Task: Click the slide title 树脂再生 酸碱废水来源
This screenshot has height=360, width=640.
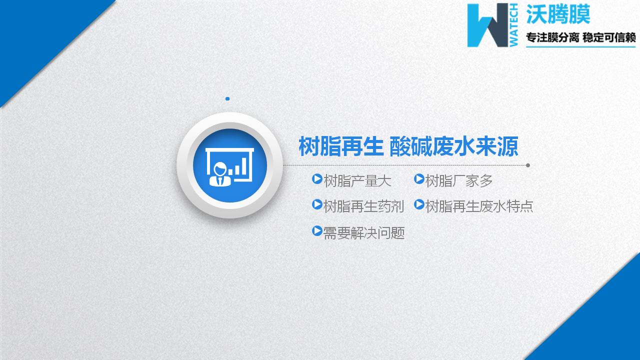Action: point(408,147)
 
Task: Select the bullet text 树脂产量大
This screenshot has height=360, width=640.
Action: point(357,180)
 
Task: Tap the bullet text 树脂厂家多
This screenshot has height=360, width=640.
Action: point(459,180)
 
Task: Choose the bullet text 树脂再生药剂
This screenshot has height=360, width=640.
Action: point(363,206)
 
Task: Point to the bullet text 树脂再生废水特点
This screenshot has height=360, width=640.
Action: point(479,206)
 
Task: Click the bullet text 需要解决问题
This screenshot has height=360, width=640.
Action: point(363,232)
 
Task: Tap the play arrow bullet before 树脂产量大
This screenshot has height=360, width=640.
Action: point(317,179)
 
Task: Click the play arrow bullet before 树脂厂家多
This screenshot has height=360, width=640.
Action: point(419,179)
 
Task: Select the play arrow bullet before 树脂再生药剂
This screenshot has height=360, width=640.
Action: point(317,204)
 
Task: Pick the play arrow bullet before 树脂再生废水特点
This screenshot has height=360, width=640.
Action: point(419,204)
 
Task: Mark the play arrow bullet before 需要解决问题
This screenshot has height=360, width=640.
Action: point(317,231)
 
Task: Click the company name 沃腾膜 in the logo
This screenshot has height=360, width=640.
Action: point(558,14)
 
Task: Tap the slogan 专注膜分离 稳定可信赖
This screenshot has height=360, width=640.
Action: point(580,38)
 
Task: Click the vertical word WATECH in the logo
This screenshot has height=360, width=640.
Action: point(514,25)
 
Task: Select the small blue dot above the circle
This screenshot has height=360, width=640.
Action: point(227,99)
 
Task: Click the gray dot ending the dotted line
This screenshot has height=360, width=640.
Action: point(528,165)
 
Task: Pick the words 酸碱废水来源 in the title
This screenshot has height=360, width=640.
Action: point(454,147)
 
